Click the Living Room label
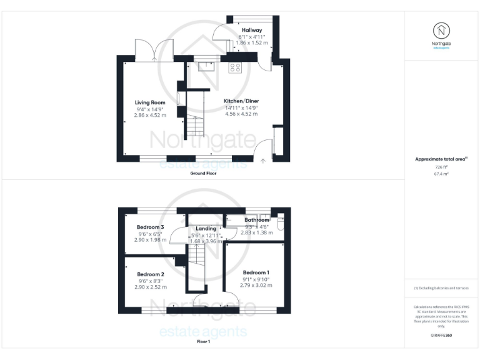pos(150,102)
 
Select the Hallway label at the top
pos(252,30)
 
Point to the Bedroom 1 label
pos(256,272)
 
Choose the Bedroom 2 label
pos(151,274)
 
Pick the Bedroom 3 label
pos(151,227)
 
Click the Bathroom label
pos(256,220)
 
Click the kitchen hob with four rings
pos(236,67)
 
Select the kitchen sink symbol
pos(206,67)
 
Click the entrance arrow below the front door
pos(263,161)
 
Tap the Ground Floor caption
pos(203,173)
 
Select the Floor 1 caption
pos(203,342)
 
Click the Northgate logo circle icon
pos(441,30)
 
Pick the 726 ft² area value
pos(441,167)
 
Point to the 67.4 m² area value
pos(441,174)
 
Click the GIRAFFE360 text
pos(441,336)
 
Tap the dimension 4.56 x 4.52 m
pos(241,114)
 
